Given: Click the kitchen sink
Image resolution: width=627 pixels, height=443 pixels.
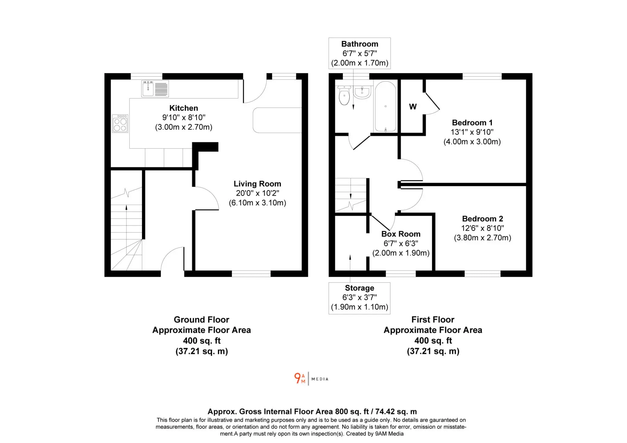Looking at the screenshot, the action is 155,88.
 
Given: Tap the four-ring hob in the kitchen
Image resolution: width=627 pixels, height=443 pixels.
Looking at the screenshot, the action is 120,123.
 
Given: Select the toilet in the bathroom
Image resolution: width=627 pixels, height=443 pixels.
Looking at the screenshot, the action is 344,95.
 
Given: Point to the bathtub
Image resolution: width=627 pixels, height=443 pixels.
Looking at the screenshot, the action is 385,107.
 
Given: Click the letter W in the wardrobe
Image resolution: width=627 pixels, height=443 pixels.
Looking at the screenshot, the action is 413,107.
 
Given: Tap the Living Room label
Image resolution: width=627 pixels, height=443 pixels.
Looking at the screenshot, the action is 257,184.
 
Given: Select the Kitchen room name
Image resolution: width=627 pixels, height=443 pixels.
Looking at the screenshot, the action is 184,108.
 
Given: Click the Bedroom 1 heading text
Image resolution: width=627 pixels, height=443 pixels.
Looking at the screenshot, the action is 472,123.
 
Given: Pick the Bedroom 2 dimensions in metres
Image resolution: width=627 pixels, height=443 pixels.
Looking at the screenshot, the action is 482,238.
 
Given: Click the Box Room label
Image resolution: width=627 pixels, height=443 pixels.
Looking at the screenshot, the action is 401,234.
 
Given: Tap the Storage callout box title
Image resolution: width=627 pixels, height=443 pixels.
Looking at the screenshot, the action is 359,288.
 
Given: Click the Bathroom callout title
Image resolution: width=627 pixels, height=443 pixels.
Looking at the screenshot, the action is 360,44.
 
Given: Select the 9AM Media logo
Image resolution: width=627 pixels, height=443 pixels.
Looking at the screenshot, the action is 311,378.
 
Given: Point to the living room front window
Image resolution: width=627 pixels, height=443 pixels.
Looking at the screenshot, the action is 251,274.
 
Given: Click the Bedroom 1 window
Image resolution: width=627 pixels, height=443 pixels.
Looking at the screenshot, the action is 482,76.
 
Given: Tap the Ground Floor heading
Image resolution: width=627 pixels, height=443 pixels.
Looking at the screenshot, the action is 201,320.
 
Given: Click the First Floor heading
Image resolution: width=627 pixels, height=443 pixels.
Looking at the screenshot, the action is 433,320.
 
